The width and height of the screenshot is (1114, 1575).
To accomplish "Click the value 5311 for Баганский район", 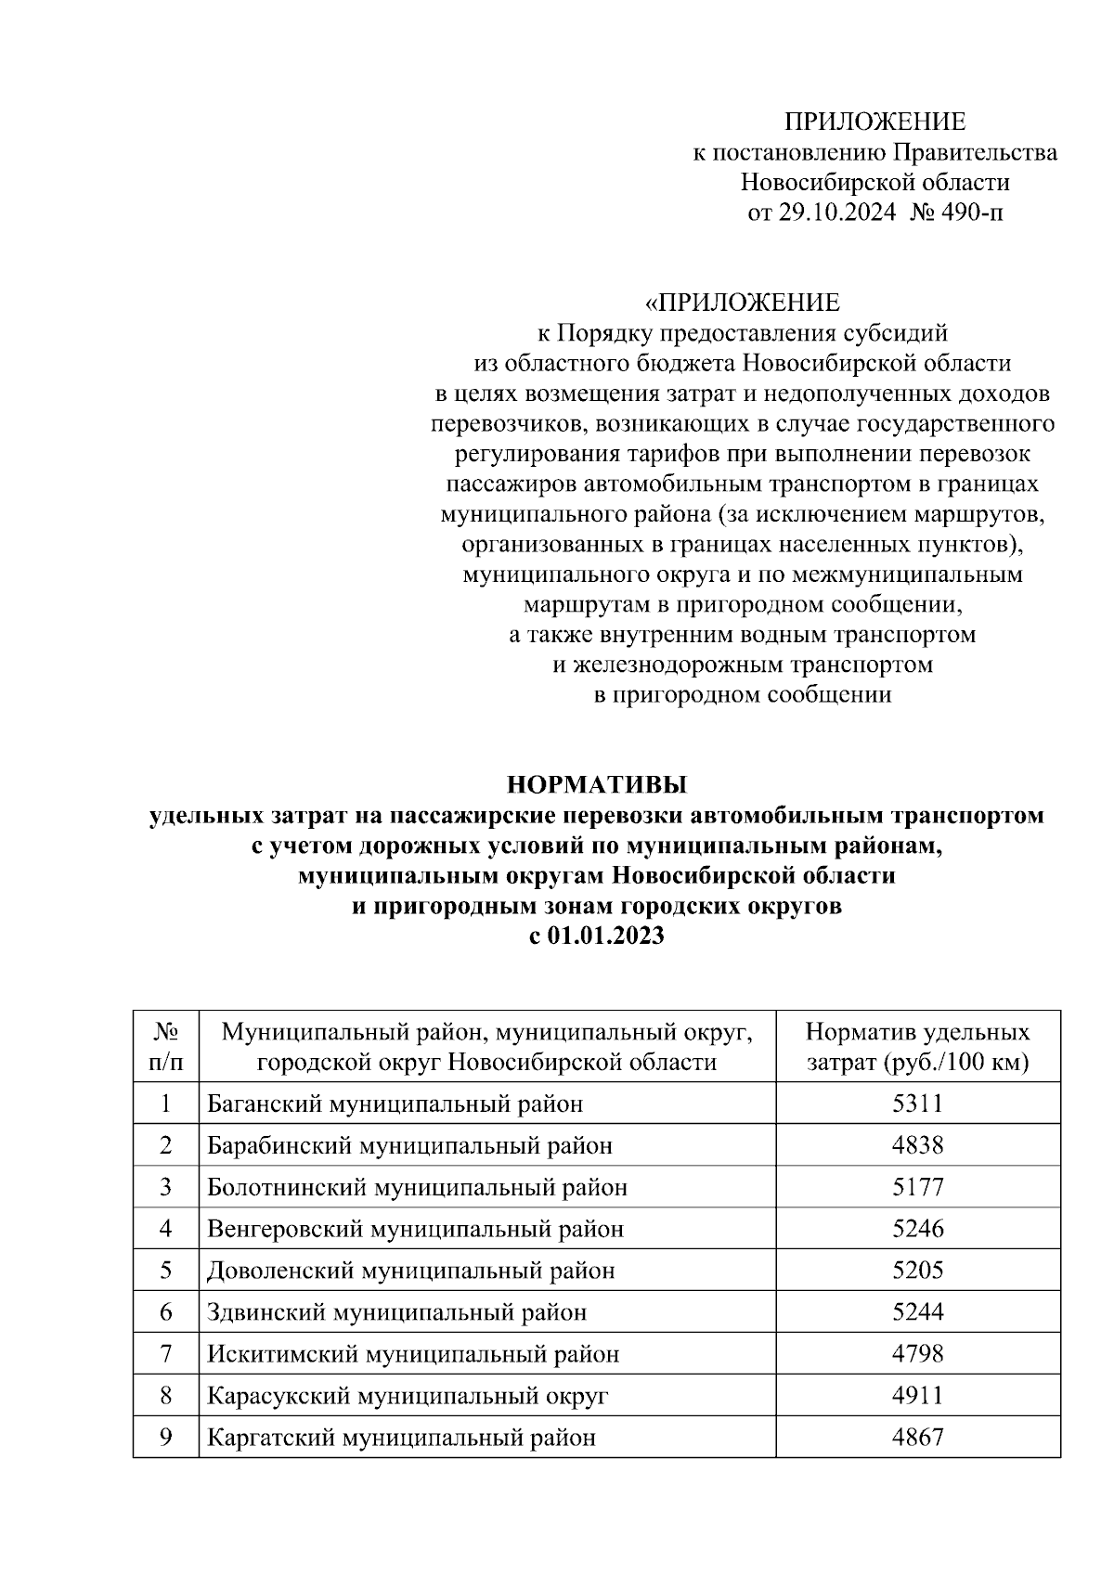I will point(917,1104).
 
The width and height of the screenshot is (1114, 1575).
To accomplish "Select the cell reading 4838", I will point(917,1145).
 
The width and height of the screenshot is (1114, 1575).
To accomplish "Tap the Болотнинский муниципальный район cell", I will point(417,1187).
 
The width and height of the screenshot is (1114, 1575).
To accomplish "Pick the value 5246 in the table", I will point(917,1229).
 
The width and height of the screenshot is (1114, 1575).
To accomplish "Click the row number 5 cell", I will point(165,1271).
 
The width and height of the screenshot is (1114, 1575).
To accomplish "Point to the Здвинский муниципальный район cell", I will point(396,1312).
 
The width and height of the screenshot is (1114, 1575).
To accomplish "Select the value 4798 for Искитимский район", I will point(917,1354).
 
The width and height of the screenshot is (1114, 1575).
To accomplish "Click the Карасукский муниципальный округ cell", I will point(408,1396).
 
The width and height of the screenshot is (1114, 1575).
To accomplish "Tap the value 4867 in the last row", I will point(917,1438).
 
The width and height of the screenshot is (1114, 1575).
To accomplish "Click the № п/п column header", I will point(165,1047).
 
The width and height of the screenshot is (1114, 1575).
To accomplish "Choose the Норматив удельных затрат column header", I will point(917,1047).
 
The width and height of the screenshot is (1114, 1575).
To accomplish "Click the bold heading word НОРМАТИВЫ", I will point(597,785).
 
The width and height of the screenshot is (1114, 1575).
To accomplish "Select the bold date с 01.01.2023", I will point(597,936).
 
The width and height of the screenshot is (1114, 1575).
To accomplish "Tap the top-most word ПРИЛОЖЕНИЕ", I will point(874,122).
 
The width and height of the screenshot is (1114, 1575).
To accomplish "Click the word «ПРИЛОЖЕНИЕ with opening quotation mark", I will point(742,303).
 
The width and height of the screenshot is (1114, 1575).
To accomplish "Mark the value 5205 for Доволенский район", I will point(917,1271).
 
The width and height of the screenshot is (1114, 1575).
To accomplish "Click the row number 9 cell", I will point(165,1438).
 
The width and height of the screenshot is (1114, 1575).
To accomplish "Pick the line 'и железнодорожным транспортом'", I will point(742,665).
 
